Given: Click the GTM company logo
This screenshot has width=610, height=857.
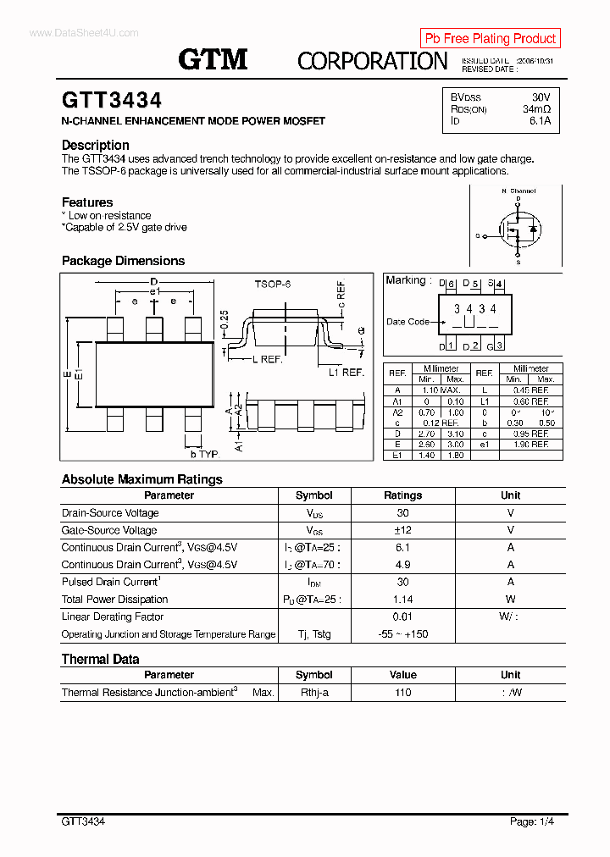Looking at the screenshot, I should tap(213, 58).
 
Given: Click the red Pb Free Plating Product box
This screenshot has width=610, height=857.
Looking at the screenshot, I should tap(490, 38).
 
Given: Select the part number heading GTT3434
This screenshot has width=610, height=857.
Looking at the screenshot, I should tap(111, 101).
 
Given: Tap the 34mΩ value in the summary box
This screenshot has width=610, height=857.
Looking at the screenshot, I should tap(535, 109).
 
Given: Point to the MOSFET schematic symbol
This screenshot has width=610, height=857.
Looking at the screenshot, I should tap(517, 228).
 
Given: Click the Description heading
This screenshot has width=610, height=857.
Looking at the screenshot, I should tap(95, 145).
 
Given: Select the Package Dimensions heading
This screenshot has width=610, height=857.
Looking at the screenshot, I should tap(123, 261).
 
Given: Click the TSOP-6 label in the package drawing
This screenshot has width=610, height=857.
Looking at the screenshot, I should tap(272, 285).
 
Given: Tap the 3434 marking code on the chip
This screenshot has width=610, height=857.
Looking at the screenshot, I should tap(474, 309).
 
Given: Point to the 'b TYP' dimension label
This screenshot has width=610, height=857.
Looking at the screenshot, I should tap(204, 455).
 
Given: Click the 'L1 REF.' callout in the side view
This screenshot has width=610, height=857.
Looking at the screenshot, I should tap(346, 372).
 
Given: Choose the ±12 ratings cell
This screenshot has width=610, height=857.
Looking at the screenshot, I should tap(402, 530).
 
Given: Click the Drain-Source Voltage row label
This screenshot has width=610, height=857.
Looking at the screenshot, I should tap(110, 513).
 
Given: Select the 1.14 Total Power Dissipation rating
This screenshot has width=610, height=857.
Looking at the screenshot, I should tap(402, 600).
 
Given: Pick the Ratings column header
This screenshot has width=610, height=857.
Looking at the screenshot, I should tap(402, 495).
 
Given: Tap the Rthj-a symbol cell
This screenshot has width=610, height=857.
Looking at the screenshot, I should tap(313, 693).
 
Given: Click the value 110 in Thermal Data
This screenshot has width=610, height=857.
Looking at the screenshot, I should tap(402, 693).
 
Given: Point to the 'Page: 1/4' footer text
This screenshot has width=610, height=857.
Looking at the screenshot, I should tap(533, 821).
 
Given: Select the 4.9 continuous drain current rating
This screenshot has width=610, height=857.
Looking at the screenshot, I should tap(402, 565).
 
